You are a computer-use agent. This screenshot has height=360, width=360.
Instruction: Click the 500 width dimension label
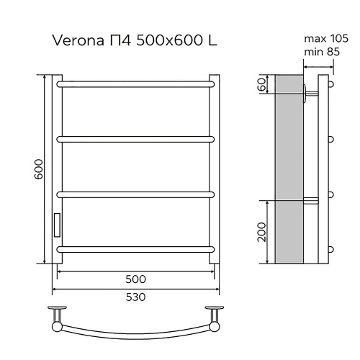(x=135, y=279)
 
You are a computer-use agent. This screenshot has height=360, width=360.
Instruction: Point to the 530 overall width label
(x=135, y=297)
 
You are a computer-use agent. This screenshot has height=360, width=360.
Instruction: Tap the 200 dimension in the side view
(x=262, y=232)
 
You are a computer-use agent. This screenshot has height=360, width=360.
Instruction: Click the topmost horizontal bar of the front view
(x=135, y=84)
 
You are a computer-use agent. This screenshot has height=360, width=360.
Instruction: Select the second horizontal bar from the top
(x=135, y=137)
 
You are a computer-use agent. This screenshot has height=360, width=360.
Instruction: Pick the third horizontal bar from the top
(x=135, y=193)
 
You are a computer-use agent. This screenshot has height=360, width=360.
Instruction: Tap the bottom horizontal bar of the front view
(x=135, y=248)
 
